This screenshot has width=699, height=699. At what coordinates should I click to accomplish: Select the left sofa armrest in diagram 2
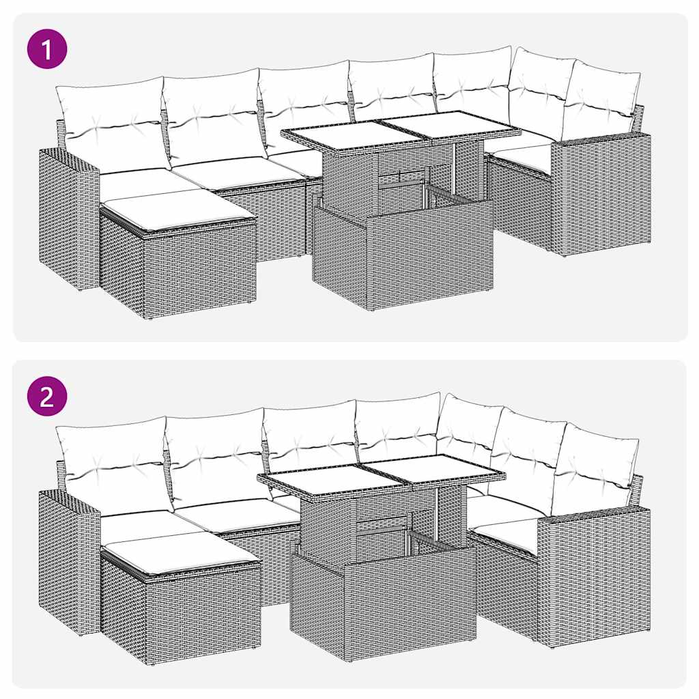pyautogui.click(x=68, y=560)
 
